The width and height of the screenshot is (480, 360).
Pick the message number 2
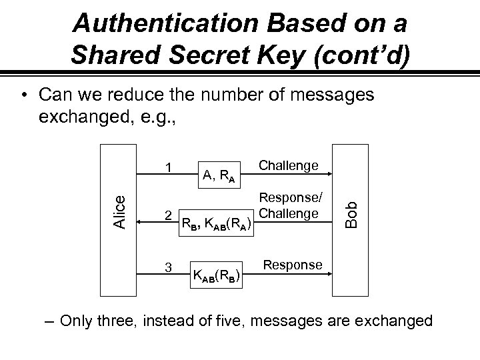click(x=169, y=215)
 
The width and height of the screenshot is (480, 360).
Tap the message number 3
click(x=169, y=267)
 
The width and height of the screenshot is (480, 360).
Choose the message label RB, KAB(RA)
click(x=217, y=223)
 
